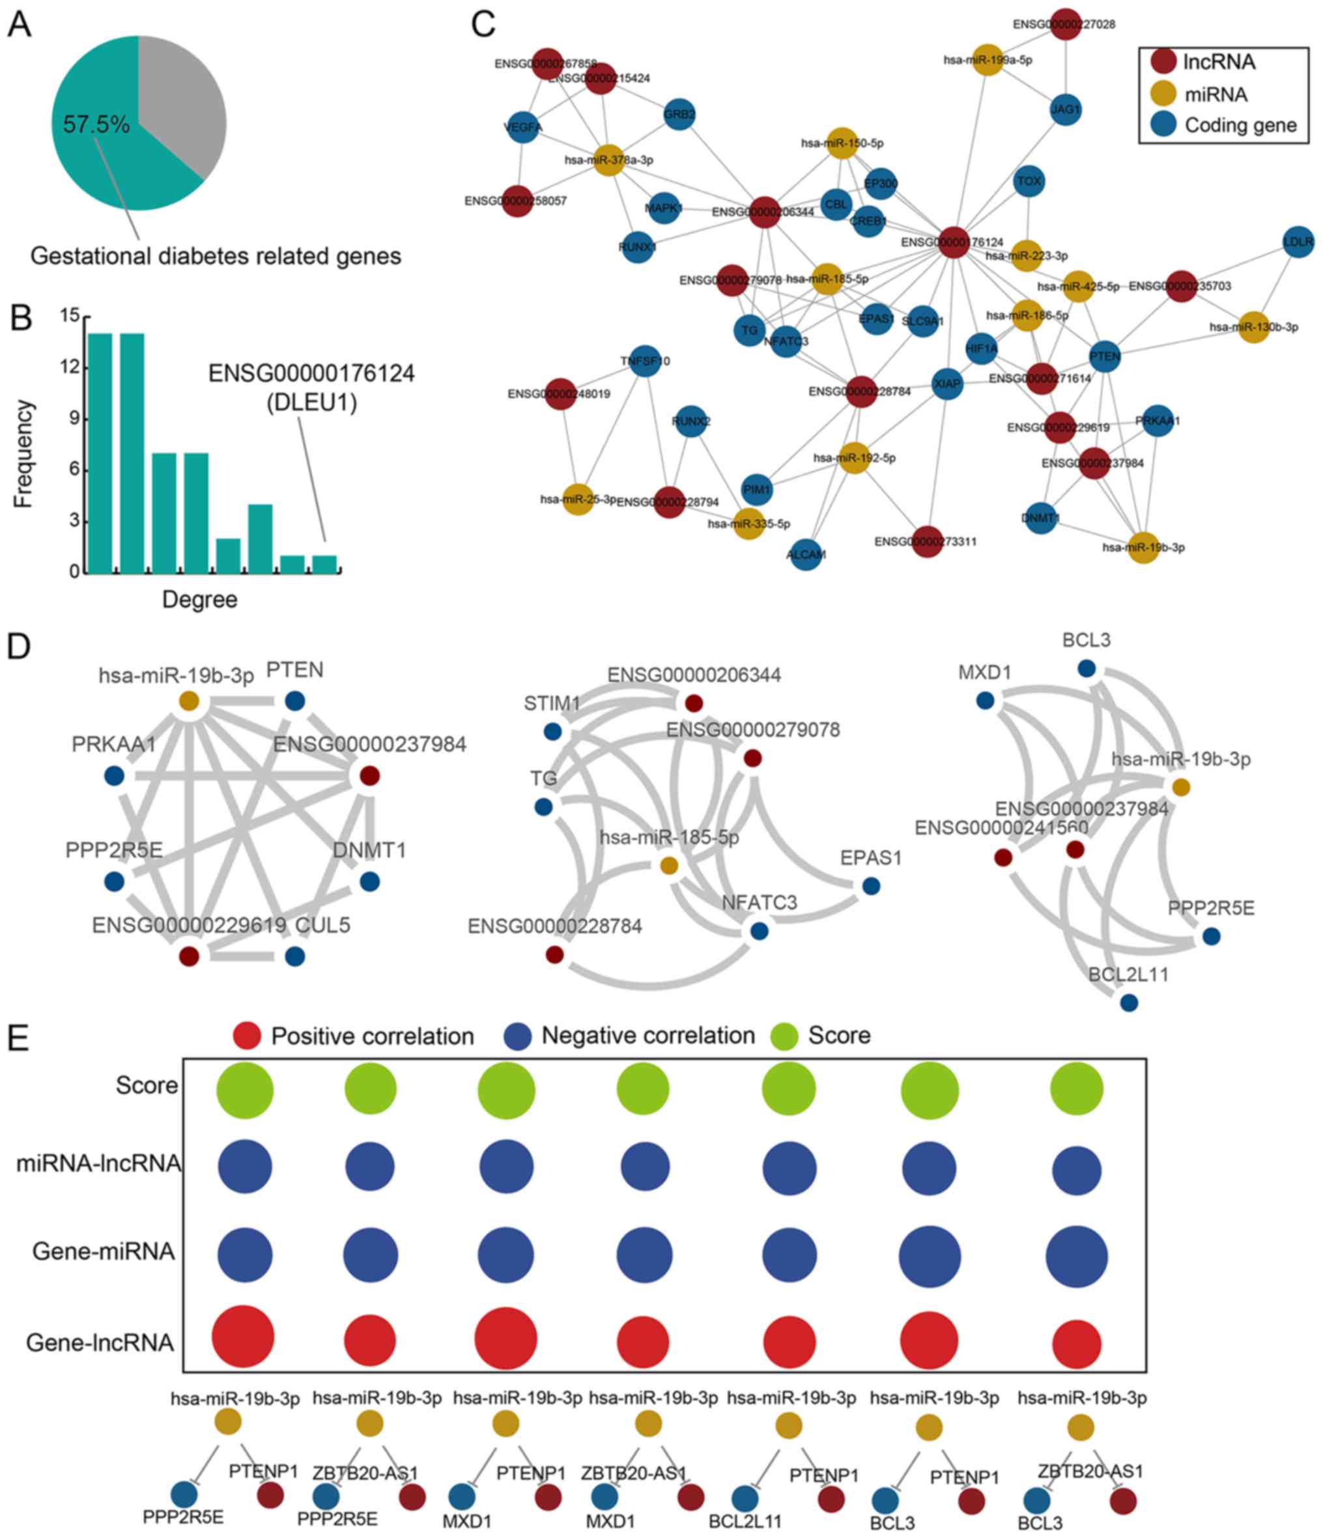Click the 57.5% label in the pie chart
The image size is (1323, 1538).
(96, 124)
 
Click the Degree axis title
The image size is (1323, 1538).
(200, 599)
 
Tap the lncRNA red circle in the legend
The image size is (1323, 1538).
(1162, 62)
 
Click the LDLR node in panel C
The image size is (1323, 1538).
(1298, 241)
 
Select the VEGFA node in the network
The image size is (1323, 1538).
(522, 127)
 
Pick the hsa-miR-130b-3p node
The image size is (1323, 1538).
(1254, 326)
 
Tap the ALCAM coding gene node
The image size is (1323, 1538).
(806, 554)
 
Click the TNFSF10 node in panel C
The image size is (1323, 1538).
(644, 362)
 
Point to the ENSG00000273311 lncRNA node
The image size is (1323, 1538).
(926, 541)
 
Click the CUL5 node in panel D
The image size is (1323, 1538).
(294, 956)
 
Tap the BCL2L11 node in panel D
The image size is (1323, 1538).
(1128, 1003)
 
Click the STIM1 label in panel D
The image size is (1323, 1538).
(551, 703)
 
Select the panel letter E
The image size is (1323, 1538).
(18, 1038)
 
